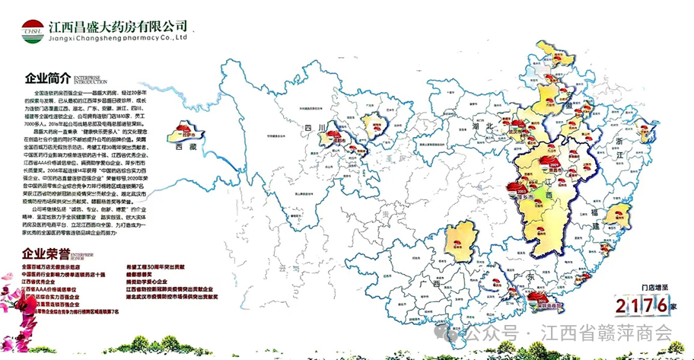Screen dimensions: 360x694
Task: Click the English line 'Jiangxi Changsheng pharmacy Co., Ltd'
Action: (x=118, y=36)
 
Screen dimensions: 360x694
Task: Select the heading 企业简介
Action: (x=47, y=78)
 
